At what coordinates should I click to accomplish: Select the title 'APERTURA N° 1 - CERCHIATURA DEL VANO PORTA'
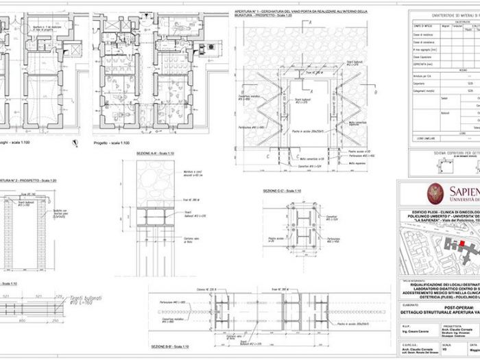click(300, 12)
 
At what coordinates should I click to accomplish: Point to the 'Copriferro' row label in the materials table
click(420, 60)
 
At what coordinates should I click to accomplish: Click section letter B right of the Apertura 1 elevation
click(376, 91)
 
